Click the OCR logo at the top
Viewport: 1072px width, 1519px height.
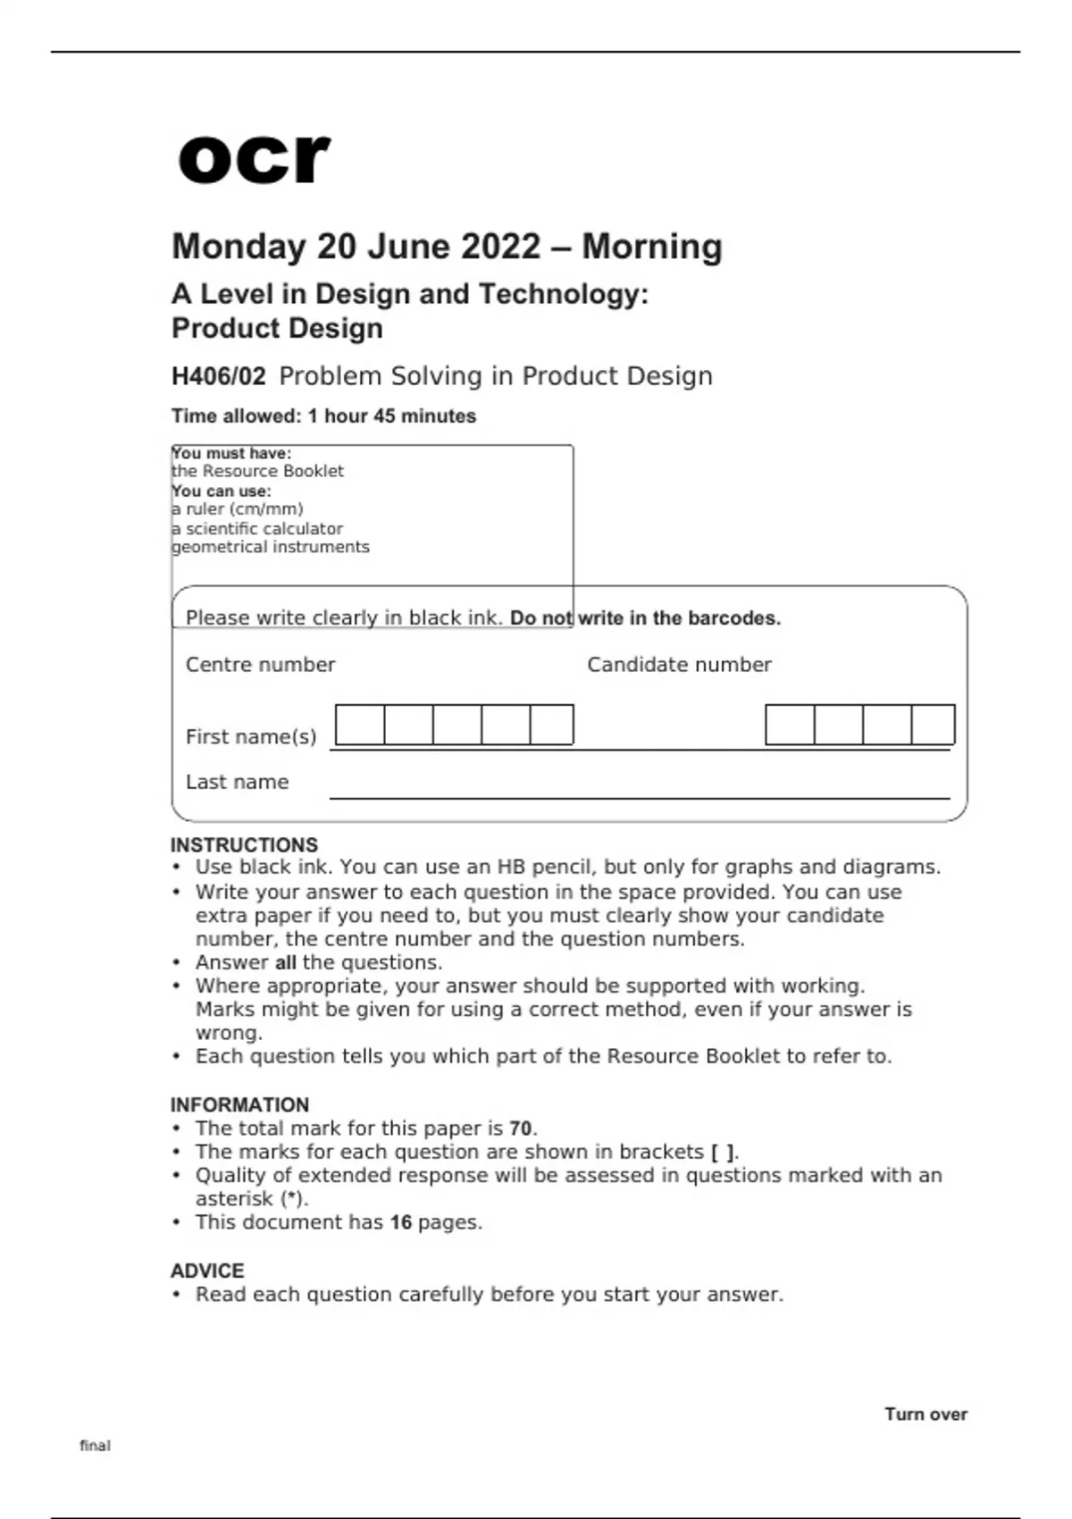[x=254, y=159]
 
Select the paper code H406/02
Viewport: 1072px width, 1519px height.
[x=218, y=376]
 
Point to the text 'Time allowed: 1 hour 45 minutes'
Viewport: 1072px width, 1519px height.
[x=323, y=415]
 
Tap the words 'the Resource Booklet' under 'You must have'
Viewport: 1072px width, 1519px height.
[x=257, y=471]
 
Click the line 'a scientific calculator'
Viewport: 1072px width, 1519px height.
[x=257, y=528]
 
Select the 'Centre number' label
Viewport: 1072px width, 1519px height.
[x=260, y=665]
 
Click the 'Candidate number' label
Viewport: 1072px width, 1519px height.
[x=679, y=665]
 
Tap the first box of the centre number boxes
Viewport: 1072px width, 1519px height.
[x=360, y=725]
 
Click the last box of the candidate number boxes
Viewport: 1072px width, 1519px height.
[x=933, y=725]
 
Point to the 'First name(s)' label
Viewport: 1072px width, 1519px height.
[x=251, y=737]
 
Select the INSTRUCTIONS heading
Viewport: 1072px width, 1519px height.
[x=244, y=845]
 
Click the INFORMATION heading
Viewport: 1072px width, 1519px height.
[x=239, y=1104]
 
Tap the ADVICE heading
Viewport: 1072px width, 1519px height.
[x=207, y=1271]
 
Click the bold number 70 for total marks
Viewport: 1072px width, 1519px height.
[x=521, y=1129]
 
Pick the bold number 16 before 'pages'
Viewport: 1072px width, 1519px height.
[x=401, y=1222]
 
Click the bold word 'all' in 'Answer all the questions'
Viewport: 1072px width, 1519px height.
[x=286, y=963]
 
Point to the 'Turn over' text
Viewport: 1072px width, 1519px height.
[x=925, y=1414]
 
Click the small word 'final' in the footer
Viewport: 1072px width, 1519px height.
[x=95, y=1446]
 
